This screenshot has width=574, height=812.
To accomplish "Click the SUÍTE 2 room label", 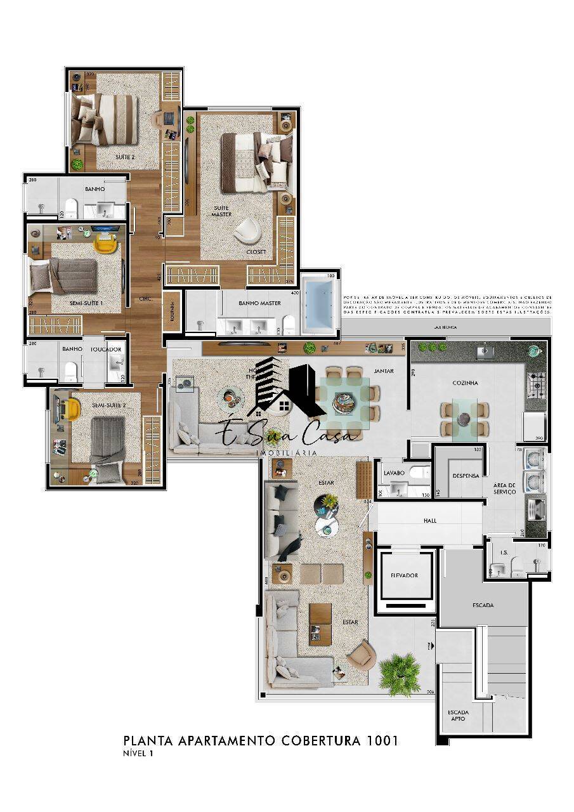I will [125, 156].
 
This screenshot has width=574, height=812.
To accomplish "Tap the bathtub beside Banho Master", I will [321, 304].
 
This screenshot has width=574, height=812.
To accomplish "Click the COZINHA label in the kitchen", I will [465, 383].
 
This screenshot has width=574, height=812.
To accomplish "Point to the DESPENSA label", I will [466, 476].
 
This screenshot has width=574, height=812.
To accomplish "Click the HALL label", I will [429, 521].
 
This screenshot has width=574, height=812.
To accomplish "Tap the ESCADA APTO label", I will [458, 715].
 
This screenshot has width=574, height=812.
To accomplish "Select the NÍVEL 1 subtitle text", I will [138, 754].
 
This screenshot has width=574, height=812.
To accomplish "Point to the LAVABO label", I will [394, 473].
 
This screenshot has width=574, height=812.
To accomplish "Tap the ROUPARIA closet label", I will [171, 310].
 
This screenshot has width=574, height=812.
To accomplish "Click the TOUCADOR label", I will [106, 349].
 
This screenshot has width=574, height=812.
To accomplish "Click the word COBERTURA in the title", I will [320, 740].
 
